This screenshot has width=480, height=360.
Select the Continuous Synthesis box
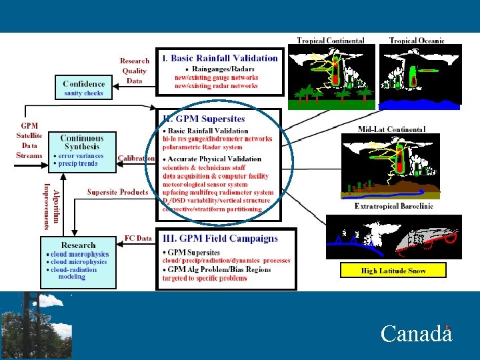click(82, 151)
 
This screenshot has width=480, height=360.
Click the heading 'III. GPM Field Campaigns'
click(221, 239)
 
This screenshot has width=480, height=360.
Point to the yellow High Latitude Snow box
click(393, 270)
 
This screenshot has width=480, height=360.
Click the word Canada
click(416, 333)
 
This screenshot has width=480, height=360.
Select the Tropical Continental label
click(330, 41)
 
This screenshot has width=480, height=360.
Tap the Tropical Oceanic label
click(417, 41)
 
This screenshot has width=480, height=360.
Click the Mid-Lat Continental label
click(391, 129)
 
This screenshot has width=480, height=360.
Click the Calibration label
click(136, 159)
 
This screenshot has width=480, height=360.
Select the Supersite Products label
click(117, 192)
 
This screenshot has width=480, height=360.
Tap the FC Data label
click(138, 238)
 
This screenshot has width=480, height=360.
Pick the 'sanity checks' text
click(83, 94)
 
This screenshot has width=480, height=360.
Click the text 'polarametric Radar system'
click(203, 147)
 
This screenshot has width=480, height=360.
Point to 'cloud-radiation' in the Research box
click(74, 269)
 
